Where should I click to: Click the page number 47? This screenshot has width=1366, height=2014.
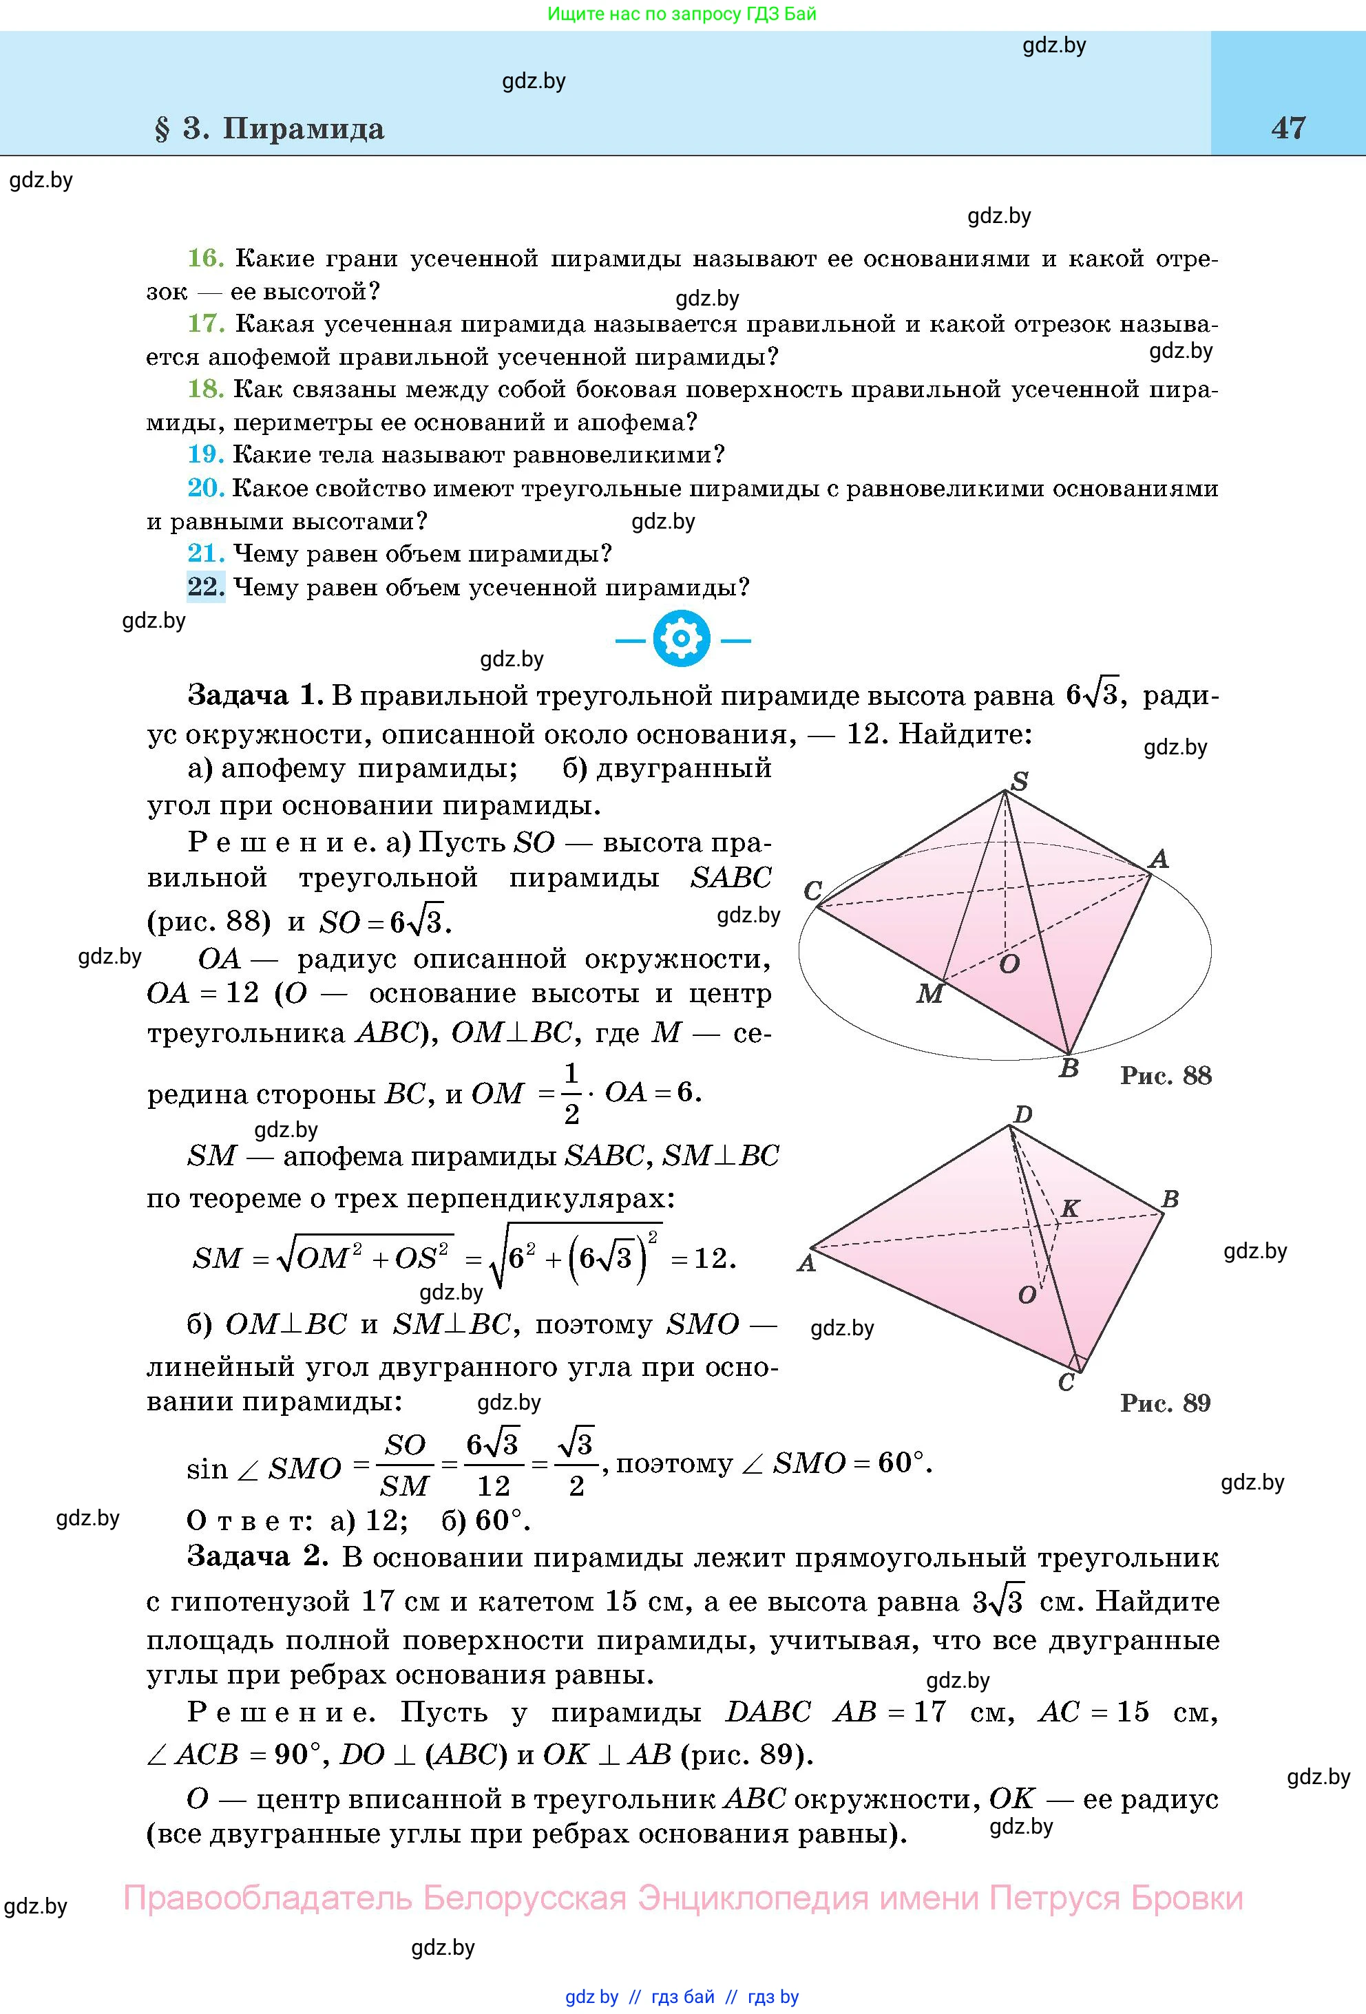[1288, 128]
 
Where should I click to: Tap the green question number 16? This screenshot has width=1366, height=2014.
[205, 257]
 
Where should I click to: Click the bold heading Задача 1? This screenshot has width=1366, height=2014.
[255, 695]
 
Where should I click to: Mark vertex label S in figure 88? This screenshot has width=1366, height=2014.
[1020, 781]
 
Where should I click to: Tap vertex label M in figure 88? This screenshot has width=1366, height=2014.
[929, 993]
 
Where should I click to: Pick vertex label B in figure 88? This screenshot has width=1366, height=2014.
[1069, 1068]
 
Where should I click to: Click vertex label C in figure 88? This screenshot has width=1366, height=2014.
[812, 890]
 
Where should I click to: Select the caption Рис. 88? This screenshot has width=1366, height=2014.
[1166, 1075]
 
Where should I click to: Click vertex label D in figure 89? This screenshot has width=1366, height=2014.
[1022, 1114]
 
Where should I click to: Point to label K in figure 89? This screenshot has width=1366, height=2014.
[1071, 1208]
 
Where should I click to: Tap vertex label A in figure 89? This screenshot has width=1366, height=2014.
[806, 1262]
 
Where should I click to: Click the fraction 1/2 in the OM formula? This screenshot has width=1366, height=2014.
[571, 1094]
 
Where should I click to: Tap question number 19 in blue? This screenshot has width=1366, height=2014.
[205, 454]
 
